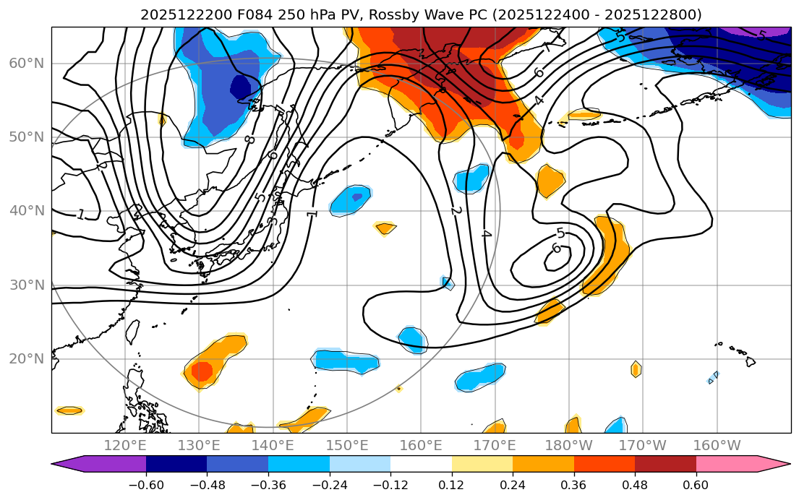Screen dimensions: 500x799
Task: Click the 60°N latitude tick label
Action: pyautogui.click(x=26, y=63)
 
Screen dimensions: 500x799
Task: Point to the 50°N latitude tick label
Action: pyautogui.click(x=26, y=137)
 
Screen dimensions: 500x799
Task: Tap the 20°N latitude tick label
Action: pyautogui.click(x=26, y=359)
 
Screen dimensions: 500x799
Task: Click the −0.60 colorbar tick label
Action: pyautogui.click(x=146, y=485)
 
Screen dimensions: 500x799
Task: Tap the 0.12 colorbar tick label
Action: pyautogui.click(x=451, y=485)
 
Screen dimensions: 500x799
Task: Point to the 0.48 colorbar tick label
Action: pyautogui.click(x=635, y=485)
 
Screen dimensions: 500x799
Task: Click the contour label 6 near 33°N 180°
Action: pyautogui.click(x=556, y=248)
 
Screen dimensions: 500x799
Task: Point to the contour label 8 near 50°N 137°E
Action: pyautogui.click(x=249, y=139)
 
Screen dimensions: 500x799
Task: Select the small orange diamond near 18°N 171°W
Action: pyautogui.click(x=636, y=369)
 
